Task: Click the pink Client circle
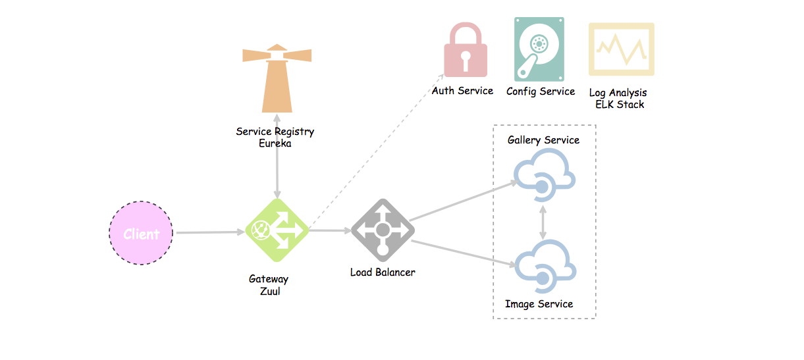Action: tap(141, 233)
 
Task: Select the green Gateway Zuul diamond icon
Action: tap(277, 230)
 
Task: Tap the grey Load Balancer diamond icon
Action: tap(383, 230)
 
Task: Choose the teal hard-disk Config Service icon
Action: tap(539, 49)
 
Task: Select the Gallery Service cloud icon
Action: tap(544, 174)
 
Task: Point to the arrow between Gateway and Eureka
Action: tap(277, 158)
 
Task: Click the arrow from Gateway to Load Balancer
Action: tap(329, 230)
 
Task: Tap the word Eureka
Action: tap(275, 143)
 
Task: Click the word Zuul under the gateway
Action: tap(271, 291)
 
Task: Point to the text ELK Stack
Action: tap(619, 104)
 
